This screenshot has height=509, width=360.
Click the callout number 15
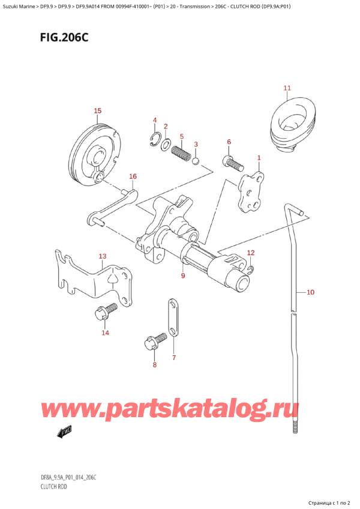(x=97, y=110)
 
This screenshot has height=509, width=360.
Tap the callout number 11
(x=287, y=89)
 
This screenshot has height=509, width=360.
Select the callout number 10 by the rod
(x=310, y=292)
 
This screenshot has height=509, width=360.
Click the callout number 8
(x=154, y=364)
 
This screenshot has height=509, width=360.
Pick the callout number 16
(x=133, y=176)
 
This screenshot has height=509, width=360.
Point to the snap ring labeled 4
(x=154, y=141)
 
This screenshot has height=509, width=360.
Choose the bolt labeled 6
(x=233, y=162)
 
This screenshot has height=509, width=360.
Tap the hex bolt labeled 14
(x=100, y=315)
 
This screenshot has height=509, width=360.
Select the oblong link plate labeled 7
(x=172, y=317)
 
